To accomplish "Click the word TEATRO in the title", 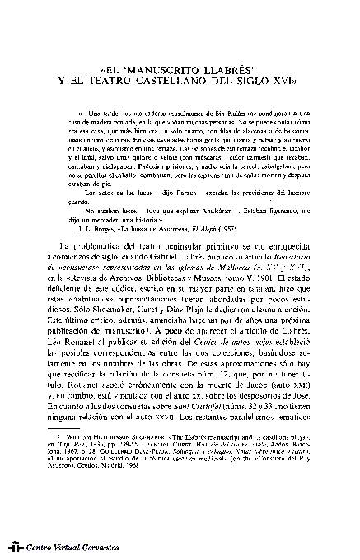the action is [x=119, y=82].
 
